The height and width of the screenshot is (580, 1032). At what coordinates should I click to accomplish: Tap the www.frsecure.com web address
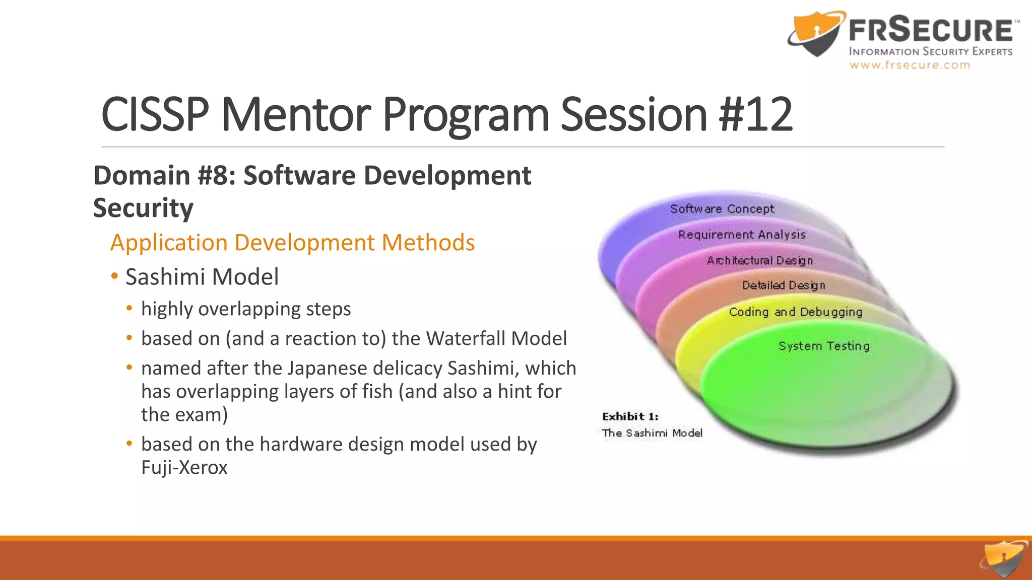click(910, 65)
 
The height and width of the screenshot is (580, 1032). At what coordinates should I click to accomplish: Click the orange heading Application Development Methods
click(292, 243)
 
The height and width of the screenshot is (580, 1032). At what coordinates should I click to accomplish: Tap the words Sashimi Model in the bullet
click(202, 277)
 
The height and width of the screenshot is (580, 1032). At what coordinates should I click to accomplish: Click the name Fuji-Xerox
click(184, 467)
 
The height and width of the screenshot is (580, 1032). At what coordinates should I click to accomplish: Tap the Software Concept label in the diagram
click(722, 208)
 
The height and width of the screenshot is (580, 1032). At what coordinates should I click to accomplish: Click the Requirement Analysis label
click(742, 235)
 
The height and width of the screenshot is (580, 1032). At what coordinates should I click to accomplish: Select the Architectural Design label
click(759, 260)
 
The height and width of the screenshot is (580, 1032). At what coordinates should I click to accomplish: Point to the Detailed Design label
click(784, 285)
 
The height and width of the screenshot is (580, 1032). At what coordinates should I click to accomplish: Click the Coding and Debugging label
click(795, 312)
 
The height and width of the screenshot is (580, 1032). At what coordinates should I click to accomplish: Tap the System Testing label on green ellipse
click(824, 346)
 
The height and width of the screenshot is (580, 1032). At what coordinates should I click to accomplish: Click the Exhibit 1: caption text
click(630, 416)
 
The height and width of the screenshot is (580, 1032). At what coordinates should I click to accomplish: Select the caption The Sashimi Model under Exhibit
click(652, 433)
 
